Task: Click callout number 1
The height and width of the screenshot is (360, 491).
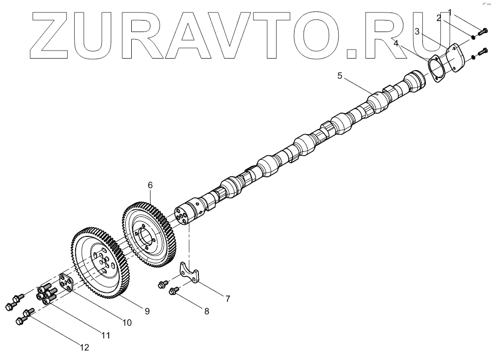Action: point(450,11)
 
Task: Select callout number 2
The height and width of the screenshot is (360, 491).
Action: point(438,18)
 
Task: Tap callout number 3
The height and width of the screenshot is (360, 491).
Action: point(417,32)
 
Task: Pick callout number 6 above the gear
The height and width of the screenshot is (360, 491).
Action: point(150,185)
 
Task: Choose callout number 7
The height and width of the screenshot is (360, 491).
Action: point(227,299)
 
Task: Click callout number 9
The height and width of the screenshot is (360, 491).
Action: point(147,311)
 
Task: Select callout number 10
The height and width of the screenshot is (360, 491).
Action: point(127,323)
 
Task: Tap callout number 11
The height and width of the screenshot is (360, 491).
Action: point(106,335)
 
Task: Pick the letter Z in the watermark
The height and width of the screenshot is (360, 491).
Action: point(53,33)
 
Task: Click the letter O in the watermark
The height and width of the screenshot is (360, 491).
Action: point(311,33)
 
